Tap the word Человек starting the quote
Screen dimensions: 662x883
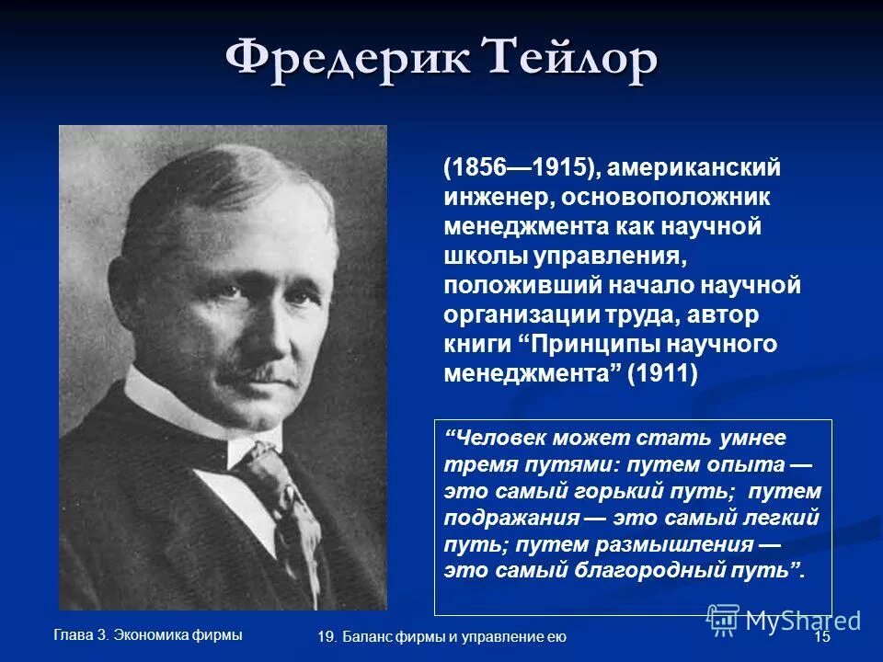click(506, 439)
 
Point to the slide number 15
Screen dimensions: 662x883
click(822, 637)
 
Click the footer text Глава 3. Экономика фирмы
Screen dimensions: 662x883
click(148, 634)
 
